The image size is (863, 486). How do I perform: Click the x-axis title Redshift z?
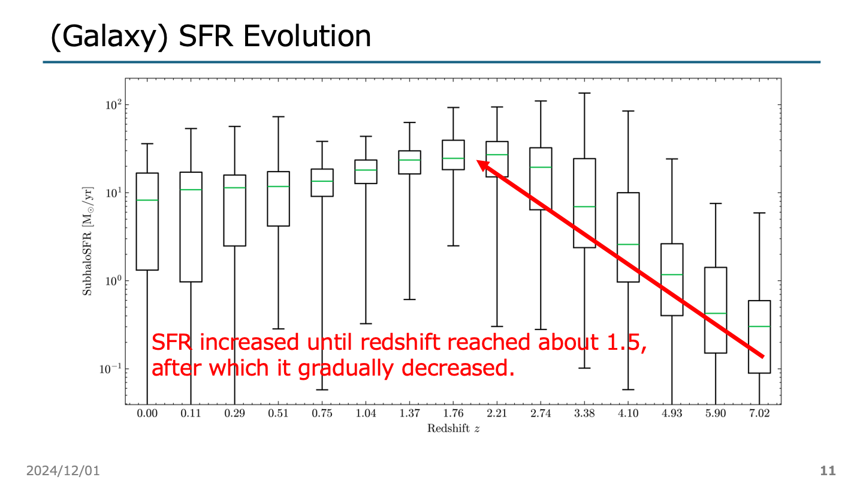pos(453,428)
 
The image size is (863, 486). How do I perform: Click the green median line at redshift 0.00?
pos(147,200)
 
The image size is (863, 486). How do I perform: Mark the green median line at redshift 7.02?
pos(759,326)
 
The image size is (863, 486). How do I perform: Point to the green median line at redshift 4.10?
pos(628,244)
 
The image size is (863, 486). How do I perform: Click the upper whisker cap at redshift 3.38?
pos(584,93)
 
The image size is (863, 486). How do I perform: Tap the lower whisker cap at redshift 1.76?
pos(453,246)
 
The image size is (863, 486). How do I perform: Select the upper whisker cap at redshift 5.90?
pos(716,203)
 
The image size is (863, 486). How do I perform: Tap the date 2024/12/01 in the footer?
pos(62,471)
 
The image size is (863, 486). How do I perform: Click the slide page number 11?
pos(828,471)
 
